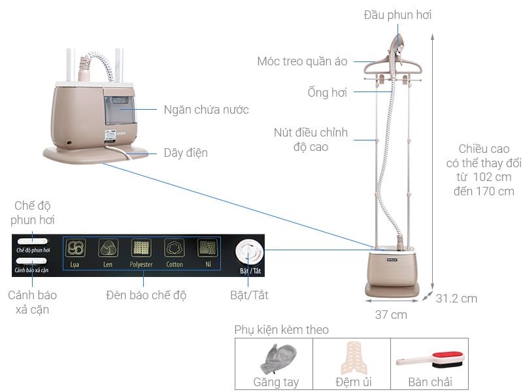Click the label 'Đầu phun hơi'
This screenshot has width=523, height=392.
click(x=397, y=15)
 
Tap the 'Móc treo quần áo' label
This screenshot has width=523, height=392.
click(x=305, y=62)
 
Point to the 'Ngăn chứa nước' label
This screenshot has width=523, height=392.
click(x=206, y=109)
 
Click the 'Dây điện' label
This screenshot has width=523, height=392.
click(x=186, y=153)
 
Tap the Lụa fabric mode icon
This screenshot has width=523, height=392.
click(x=76, y=248)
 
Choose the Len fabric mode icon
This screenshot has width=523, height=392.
click(x=108, y=248)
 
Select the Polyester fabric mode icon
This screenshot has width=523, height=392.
click(x=142, y=248)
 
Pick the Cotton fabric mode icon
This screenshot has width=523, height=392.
click(x=175, y=248)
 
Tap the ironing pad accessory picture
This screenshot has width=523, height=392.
click(x=351, y=358)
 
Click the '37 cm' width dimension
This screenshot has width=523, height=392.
click(x=391, y=314)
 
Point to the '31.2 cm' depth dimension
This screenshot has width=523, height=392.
click(x=456, y=299)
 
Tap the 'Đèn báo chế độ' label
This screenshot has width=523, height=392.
click(x=146, y=295)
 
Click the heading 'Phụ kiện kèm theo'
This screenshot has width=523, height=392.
click(x=281, y=330)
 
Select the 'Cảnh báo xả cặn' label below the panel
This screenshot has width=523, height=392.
click(x=33, y=302)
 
